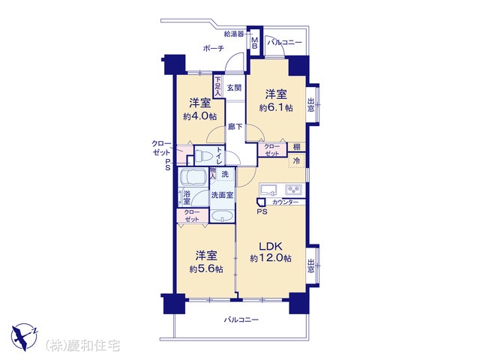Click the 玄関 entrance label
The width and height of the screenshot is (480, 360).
coord(234,88)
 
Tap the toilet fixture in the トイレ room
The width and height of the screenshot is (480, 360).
coord(203,155)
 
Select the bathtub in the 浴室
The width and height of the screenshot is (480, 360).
coord(193,177)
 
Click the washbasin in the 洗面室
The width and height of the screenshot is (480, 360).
coord(222,216)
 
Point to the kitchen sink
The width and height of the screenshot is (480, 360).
coord(268,190)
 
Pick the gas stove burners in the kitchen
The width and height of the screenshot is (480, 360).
coord(293,190)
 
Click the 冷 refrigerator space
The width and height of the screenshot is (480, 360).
coord(297,160)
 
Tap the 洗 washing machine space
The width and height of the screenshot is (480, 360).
coord(225,174)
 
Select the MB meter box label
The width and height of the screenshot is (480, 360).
coord(255,43)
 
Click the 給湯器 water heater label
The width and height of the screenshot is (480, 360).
coord(234,34)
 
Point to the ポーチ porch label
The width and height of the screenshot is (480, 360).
coord(213,48)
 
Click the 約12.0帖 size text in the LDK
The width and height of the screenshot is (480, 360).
coord(271,258)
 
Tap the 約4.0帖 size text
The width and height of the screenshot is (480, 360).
coord(200,116)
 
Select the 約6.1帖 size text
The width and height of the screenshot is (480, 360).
coord(276,107)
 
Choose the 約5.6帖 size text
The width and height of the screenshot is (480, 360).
coord(206,269)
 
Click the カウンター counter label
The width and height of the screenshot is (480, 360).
coord(285,202)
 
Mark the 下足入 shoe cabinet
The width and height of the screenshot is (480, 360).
coord(217,86)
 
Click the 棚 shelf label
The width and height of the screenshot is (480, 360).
coord(297,147)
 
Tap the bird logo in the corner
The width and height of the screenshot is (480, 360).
coord(24,337)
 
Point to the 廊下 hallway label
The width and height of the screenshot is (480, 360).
coord(235,127)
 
